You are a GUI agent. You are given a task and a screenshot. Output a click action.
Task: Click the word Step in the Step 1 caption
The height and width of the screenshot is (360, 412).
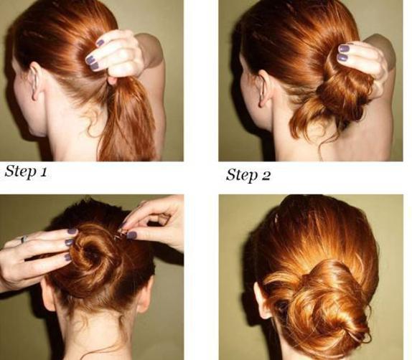tap(20, 172)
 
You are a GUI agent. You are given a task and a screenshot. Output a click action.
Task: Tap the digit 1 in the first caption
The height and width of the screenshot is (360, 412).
tap(43, 171)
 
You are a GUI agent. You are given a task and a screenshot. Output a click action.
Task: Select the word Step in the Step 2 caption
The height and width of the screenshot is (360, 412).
tap(242, 175)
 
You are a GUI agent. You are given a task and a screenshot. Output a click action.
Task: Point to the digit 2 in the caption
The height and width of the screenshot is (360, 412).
tap(266, 175)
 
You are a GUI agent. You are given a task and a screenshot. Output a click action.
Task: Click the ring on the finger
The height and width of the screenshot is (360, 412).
tap(24, 239)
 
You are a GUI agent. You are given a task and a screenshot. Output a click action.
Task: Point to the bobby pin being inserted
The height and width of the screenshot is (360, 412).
tap(121, 234)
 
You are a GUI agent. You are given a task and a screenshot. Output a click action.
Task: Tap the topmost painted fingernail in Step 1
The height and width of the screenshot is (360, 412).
tap(100, 43)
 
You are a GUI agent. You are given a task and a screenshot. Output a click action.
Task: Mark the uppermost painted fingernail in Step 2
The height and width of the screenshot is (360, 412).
tap(344, 48)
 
